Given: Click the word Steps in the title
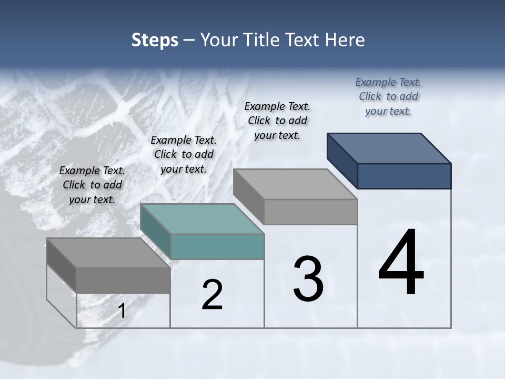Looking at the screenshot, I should point(155,41).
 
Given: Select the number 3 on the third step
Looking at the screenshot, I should point(308,279).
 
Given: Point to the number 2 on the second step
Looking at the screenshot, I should point(213,295).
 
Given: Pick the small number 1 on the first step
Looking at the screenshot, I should point(122,311).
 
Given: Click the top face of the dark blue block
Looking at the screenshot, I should point(389,148).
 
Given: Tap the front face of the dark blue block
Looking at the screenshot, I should point(404,176).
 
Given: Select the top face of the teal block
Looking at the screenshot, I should point(202,218).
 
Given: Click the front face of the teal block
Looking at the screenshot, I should point(217,247).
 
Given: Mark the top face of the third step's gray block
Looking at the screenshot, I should point(295,184).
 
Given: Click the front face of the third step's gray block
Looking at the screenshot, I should point(310,212).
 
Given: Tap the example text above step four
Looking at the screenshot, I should point(388,96).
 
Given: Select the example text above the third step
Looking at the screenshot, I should point(277,121).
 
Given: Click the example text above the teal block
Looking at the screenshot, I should point(184,154).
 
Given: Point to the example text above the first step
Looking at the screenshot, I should point(92,185).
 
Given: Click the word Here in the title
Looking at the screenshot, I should point(345,41).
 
